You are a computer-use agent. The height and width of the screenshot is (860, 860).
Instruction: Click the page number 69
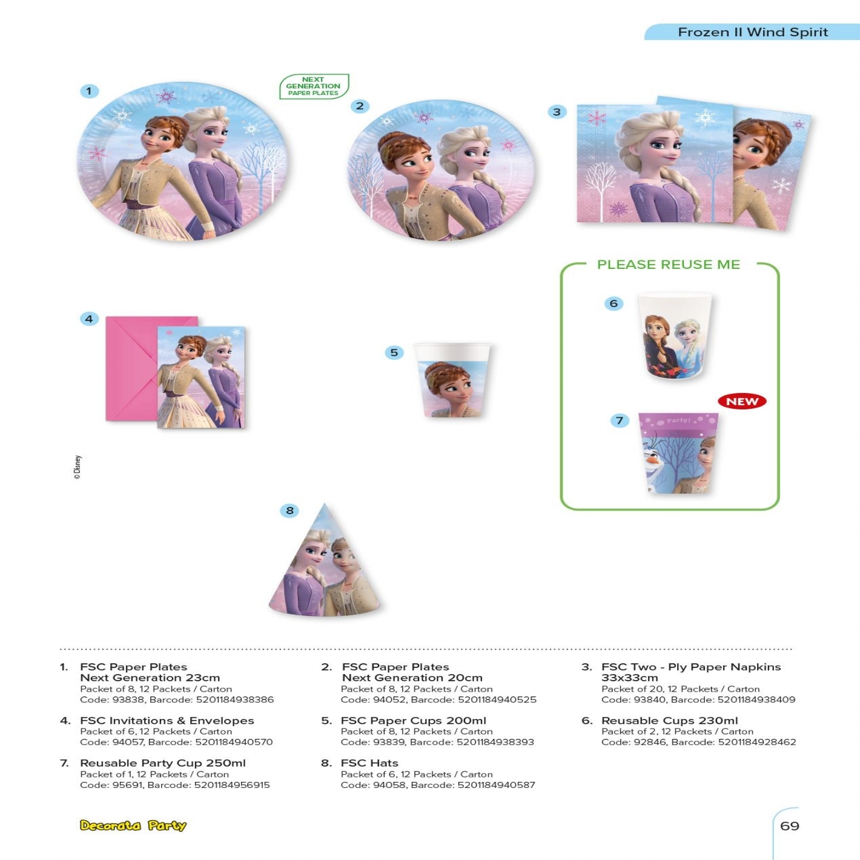[x=789, y=825]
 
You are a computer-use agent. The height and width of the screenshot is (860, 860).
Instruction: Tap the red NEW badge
[x=742, y=401]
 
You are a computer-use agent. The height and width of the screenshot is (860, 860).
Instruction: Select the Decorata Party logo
[x=133, y=825]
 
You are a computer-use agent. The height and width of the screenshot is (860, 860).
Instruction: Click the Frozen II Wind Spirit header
[x=752, y=32]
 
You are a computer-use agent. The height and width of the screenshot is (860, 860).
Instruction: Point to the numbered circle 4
[x=89, y=319]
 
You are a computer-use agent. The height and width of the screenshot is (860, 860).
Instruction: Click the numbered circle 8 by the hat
[x=289, y=511]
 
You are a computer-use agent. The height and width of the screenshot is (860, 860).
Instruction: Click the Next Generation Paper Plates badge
[x=313, y=86]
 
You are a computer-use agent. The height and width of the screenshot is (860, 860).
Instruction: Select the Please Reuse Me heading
[x=668, y=265]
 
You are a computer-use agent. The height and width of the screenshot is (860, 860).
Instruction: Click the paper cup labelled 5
[x=452, y=380]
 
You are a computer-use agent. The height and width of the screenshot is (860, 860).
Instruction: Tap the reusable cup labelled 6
[x=674, y=336]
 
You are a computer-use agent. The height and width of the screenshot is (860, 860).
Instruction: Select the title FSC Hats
[x=369, y=762]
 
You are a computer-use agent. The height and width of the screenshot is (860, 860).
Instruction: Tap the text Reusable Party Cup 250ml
[x=162, y=762]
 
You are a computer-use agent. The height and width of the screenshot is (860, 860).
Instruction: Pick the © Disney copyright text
[x=78, y=468]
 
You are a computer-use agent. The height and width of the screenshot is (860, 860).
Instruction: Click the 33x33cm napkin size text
[x=629, y=678]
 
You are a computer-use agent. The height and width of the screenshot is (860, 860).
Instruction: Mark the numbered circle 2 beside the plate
[x=360, y=106]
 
